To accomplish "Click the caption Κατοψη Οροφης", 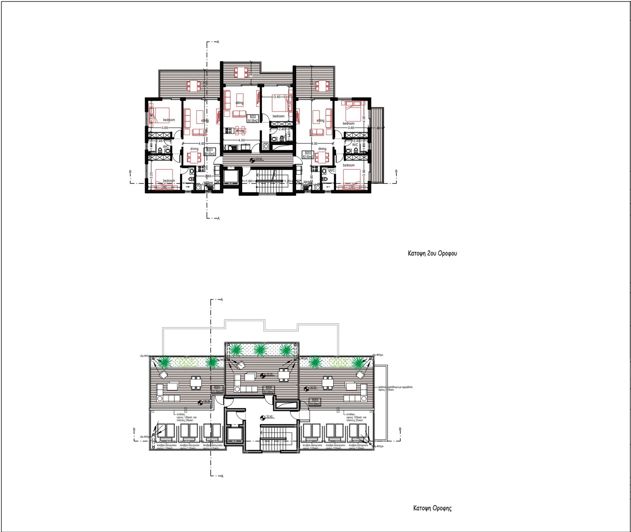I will click(433, 507).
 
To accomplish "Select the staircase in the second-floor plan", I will click(266, 181).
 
